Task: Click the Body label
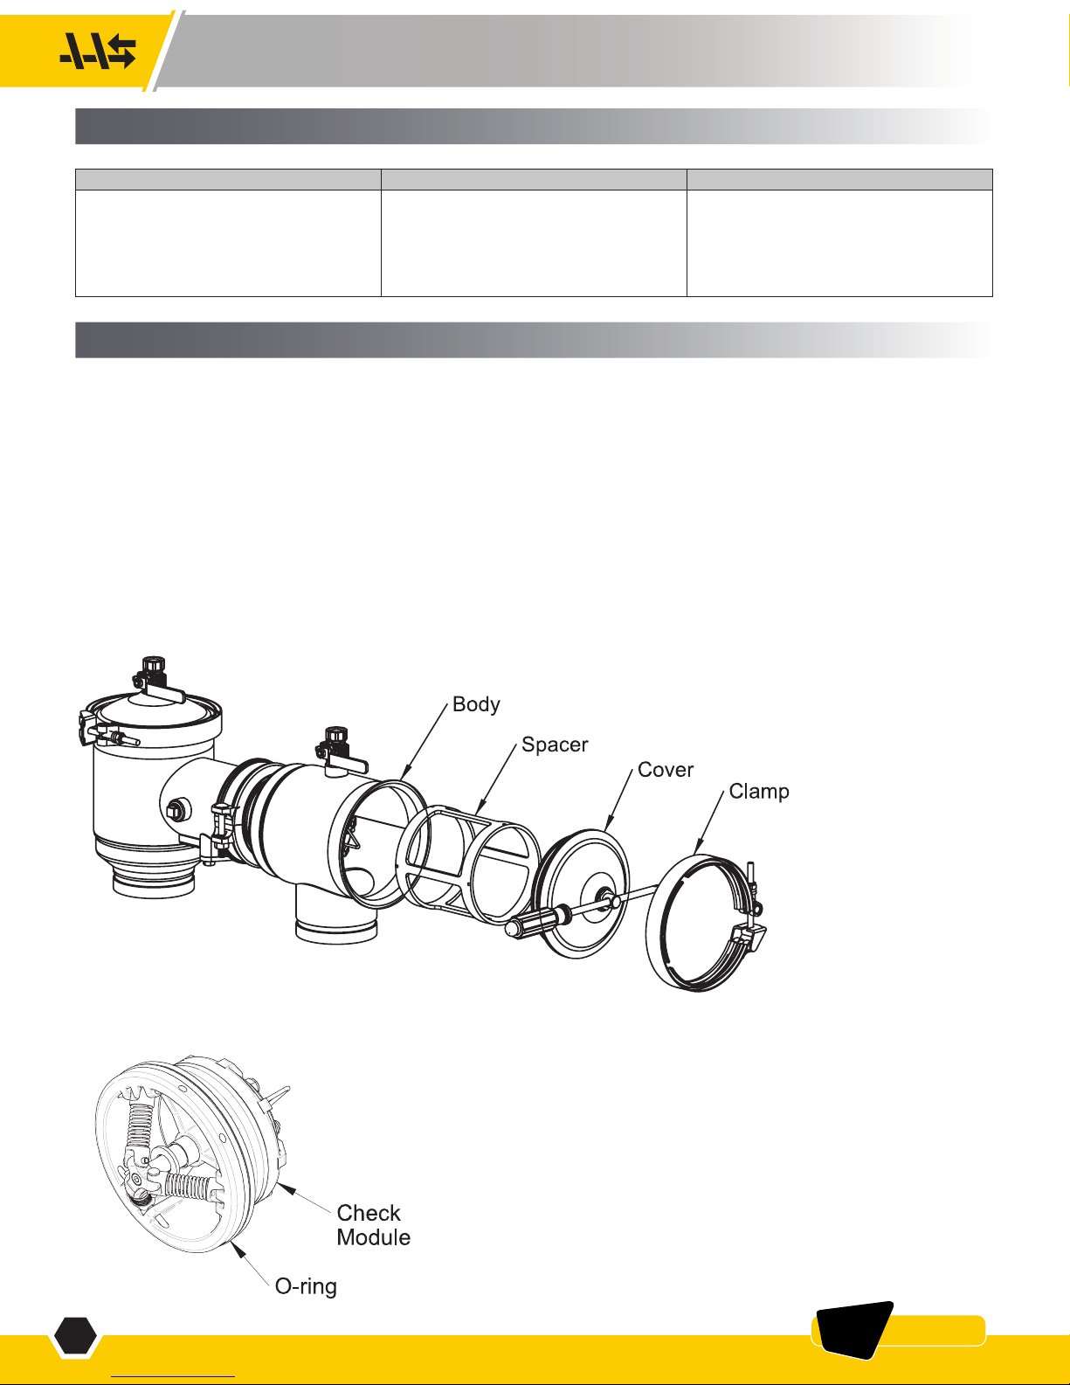(476, 704)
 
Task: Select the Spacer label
(555, 744)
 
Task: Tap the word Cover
(665, 769)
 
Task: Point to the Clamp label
(759, 792)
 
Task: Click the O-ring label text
(306, 1286)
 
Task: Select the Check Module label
(373, 1225)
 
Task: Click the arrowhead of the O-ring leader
(238, 1250)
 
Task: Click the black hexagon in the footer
(75, 1334)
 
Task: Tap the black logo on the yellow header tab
(98, 52)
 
